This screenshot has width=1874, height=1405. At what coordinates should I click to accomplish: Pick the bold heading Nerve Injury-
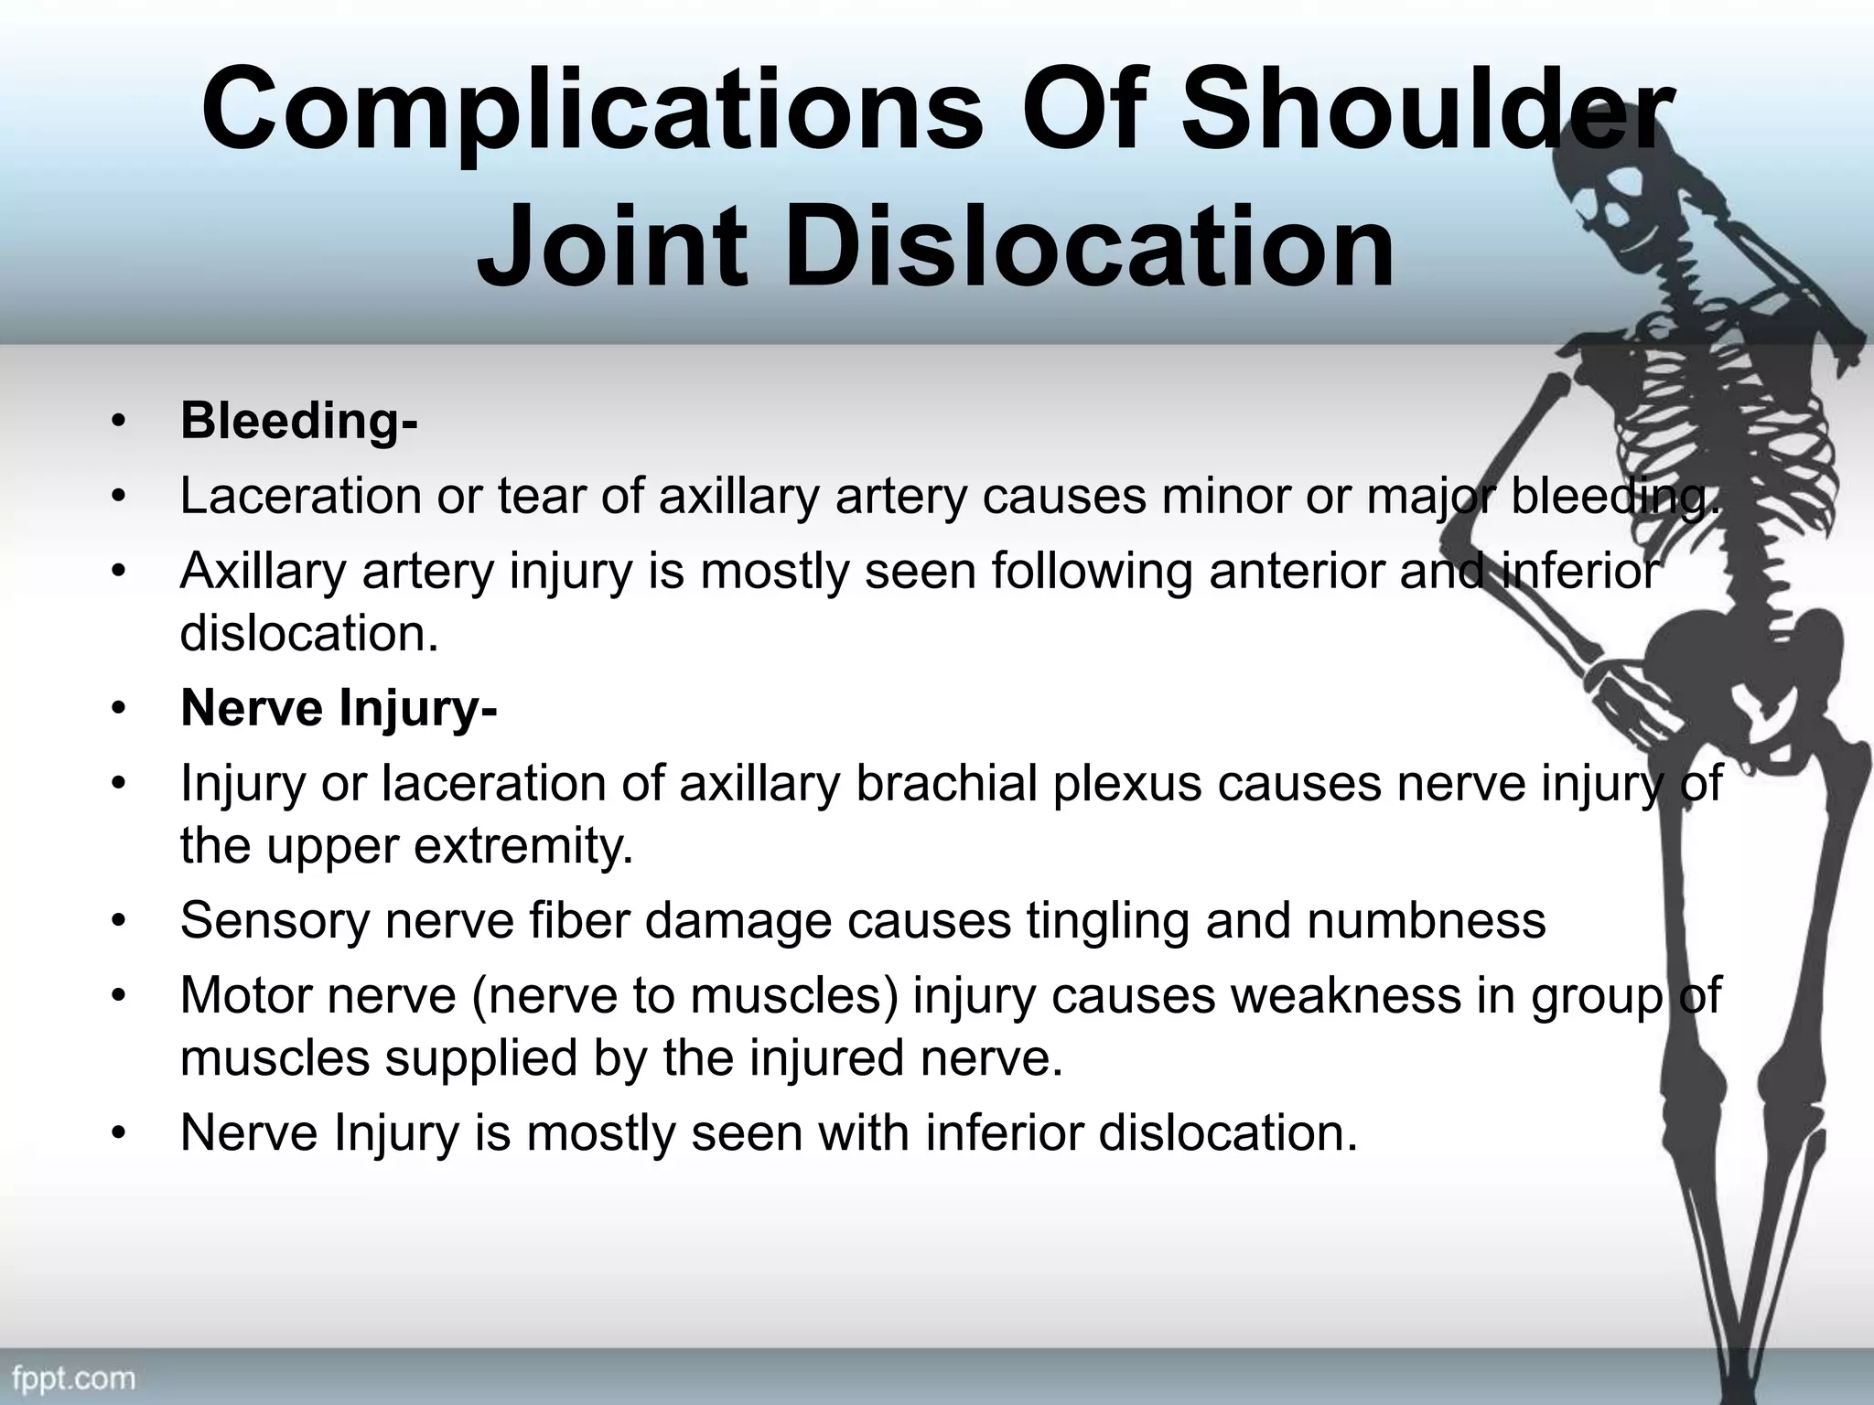[339, 708]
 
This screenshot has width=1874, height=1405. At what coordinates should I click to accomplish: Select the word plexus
[1126, 784]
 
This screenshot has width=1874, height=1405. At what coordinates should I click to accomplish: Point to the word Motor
[245, 996]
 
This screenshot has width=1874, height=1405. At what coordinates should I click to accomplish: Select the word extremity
[524, 846]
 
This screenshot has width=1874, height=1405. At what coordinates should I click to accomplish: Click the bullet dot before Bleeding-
[116, 422]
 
